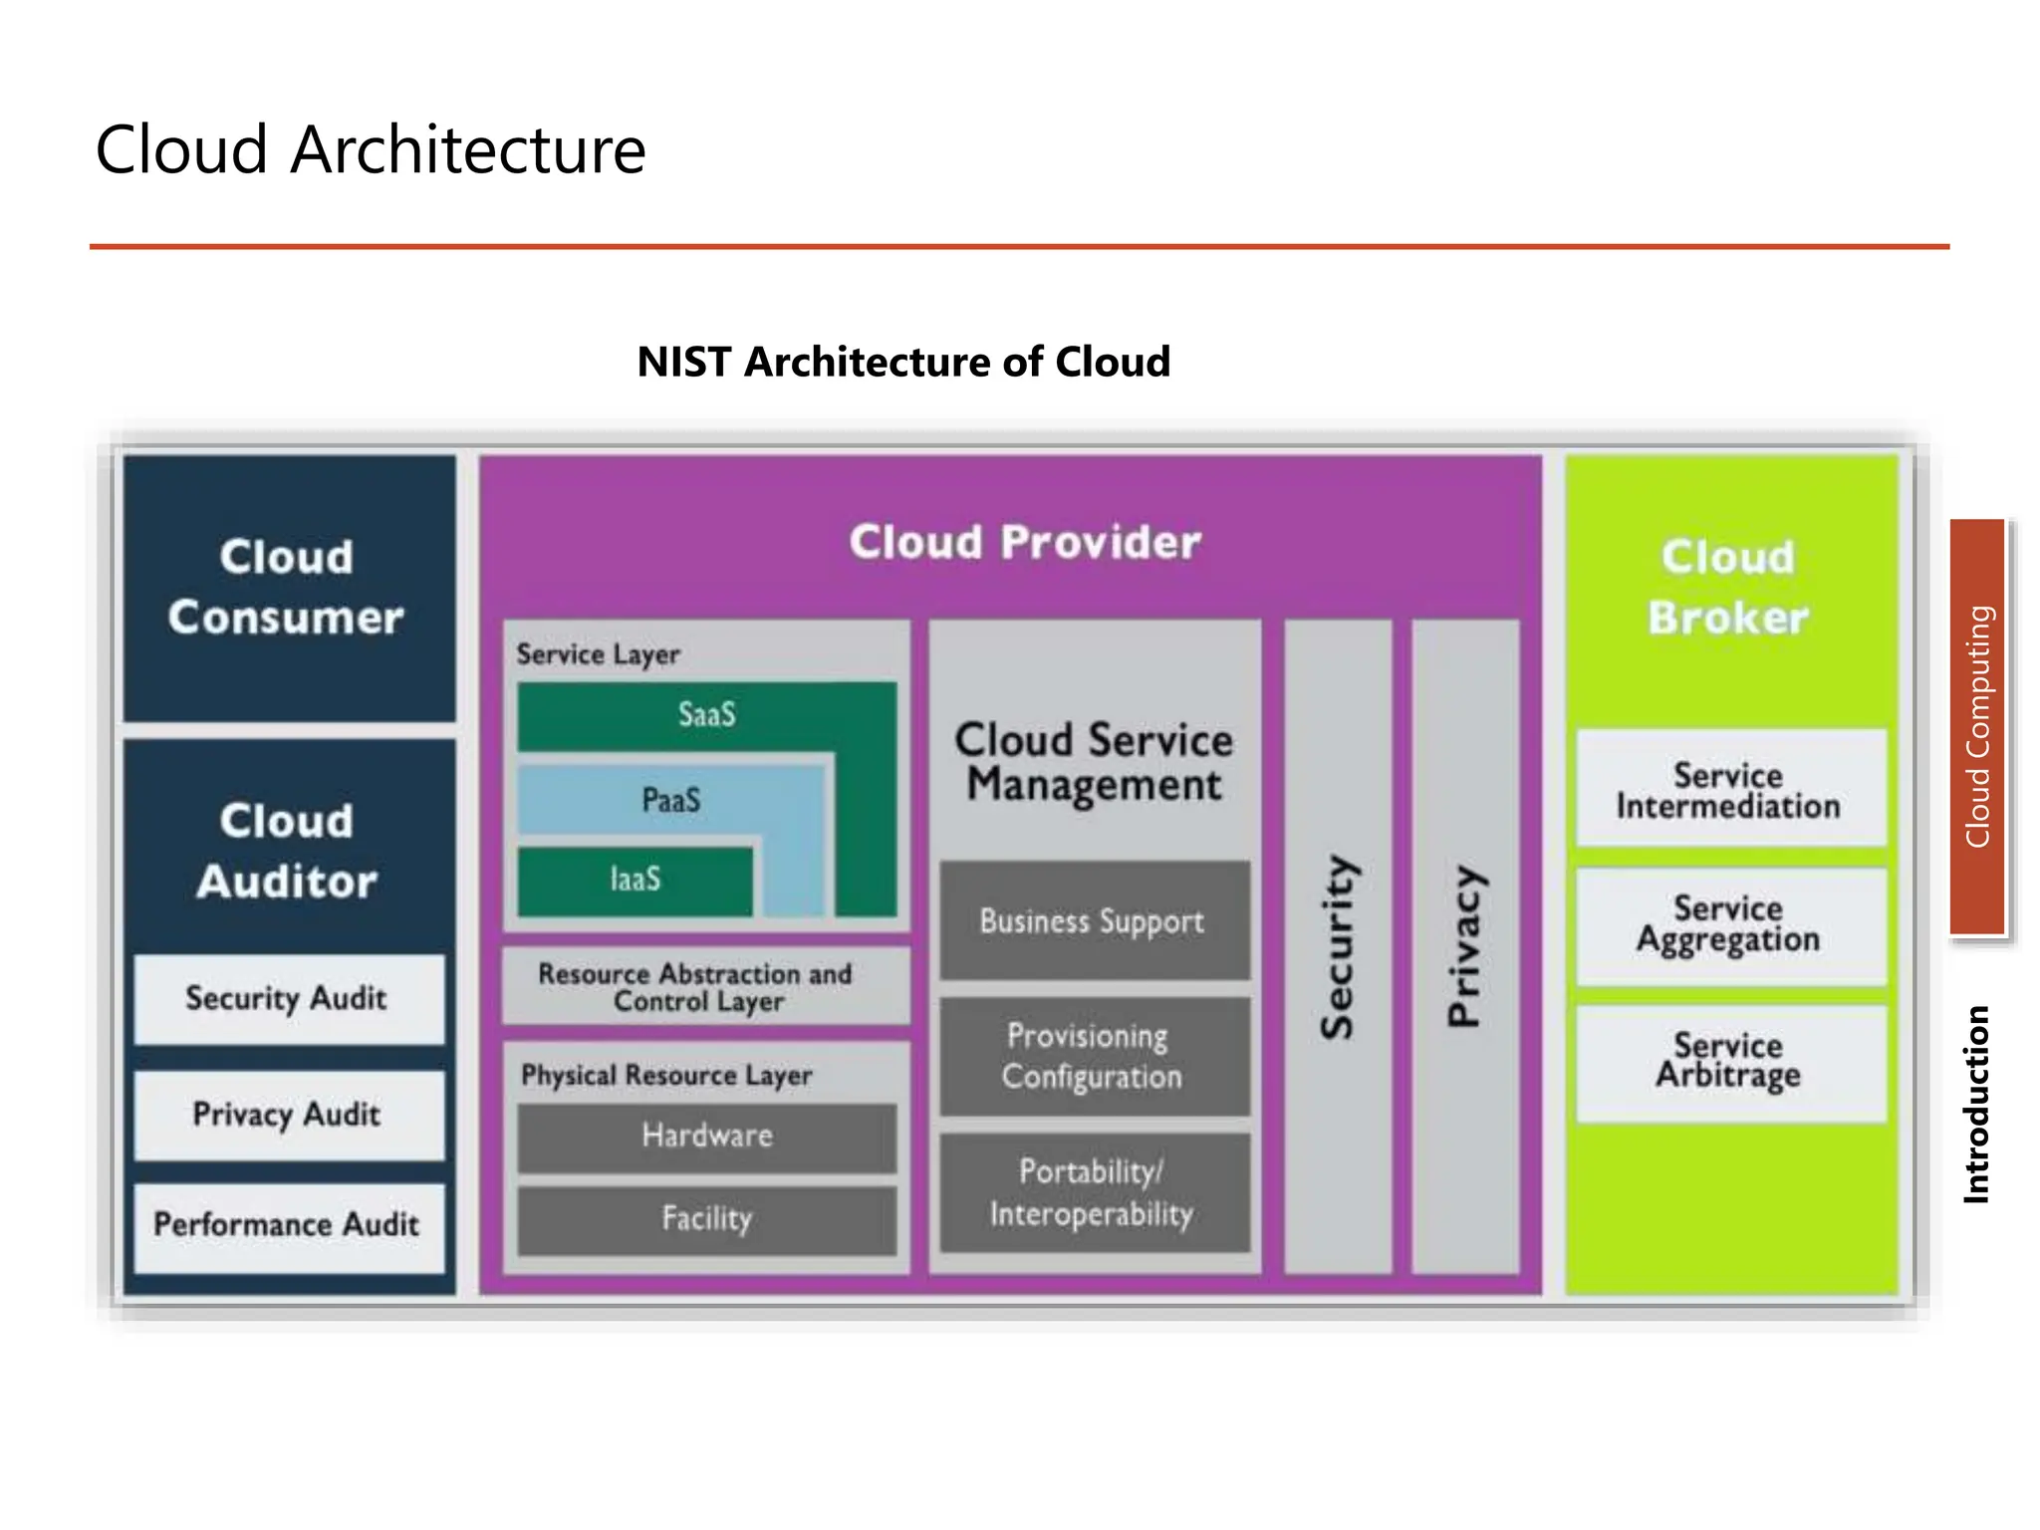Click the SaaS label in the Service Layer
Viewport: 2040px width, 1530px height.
pos(706,714)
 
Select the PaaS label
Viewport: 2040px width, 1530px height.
pos(670,800)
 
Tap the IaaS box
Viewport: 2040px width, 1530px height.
pos(635,880)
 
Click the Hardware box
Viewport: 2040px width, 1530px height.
pos(706,1136)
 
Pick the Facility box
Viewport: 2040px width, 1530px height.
pos(706,1218)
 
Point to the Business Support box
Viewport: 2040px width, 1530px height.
pos(1093,921)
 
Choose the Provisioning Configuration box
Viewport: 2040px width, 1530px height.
pos(1093,1057)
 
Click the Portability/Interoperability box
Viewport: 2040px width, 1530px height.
pos(1093,1192)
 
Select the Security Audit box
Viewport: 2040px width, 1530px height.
pos(288,998)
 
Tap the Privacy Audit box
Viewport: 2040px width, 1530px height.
pos(288,1115)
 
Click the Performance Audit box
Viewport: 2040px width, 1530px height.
pos(288,1225)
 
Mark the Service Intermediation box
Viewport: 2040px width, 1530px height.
pos(1729,790)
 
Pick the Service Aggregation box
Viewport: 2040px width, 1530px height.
pos(1729,925)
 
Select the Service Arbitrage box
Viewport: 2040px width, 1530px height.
pos(1729,1062)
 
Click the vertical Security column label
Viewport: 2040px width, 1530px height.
pos(1337,946)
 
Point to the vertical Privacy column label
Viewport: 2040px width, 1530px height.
pos(1464,946)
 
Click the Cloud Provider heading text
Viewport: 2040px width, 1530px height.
pos(1025,543)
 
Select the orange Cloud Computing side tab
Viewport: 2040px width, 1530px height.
pos(1977,726)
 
